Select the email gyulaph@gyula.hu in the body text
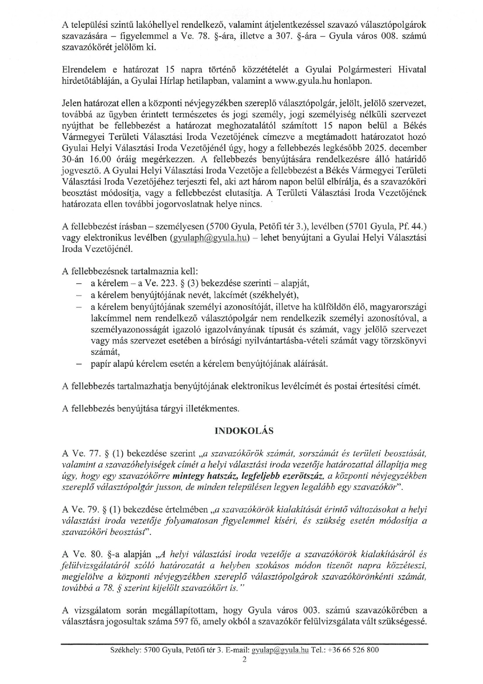click(210, 238)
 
